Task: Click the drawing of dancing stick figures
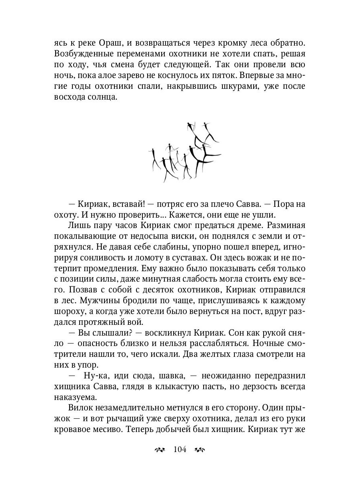click(184, 152)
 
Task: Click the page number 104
click(180, 450)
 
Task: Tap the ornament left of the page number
click(160, 450)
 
